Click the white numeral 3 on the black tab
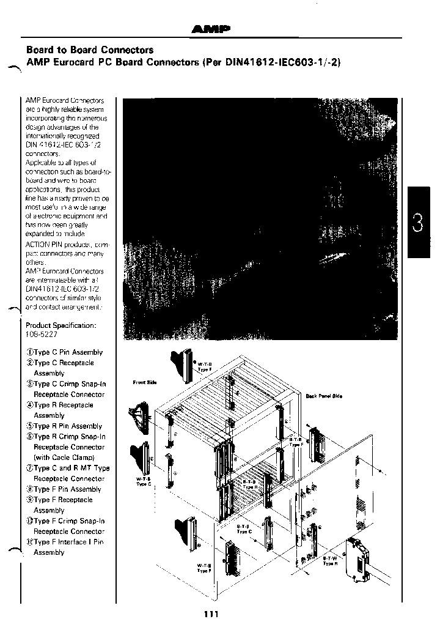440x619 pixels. (418, 224)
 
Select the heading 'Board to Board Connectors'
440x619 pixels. (89, 50)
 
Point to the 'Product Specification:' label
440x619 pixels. (61, 325)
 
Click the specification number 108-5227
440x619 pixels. (42, 335)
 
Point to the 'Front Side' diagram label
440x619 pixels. (145, 382)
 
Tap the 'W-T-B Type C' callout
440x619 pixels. (144, 482)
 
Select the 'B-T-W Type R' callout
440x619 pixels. (331, 560)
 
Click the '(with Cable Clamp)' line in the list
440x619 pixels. (64, 458)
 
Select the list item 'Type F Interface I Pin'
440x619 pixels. (68, 542)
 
